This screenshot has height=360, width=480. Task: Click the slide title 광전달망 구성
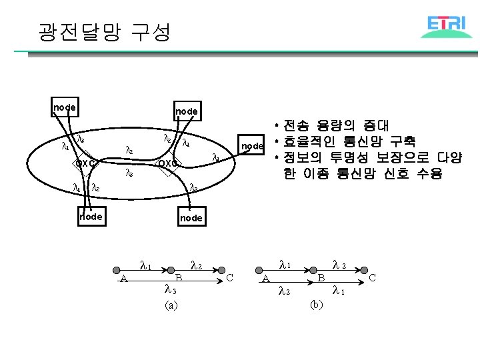(105, 31)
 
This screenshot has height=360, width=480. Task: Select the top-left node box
(65, 107)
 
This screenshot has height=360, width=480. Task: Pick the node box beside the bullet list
(253, 146)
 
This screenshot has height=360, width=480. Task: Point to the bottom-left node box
(91, 217)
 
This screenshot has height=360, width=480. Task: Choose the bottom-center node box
(191, 218)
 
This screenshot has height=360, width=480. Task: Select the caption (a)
(171, 305)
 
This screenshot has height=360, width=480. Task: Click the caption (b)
(317, 305)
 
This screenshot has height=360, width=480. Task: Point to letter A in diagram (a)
(124, 279)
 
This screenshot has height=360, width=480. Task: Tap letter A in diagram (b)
(265, 279)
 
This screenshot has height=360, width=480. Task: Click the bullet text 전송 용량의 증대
(340, 125)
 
